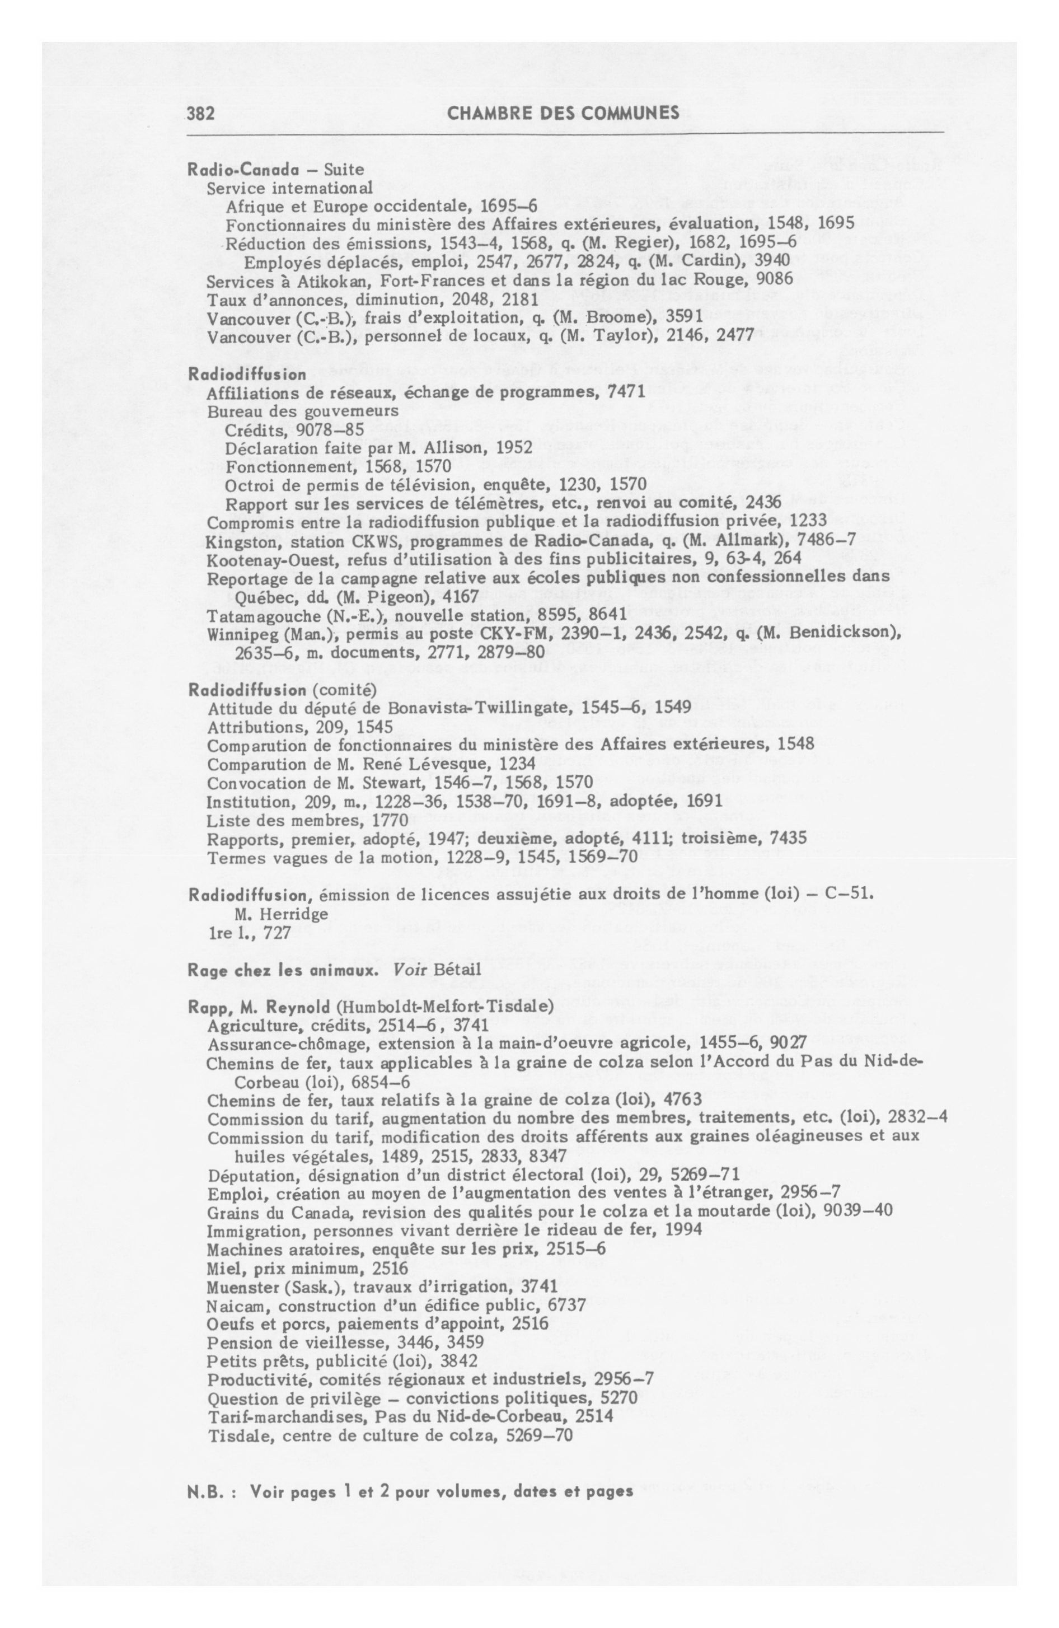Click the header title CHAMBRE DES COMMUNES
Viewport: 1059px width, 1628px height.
point(563,113)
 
